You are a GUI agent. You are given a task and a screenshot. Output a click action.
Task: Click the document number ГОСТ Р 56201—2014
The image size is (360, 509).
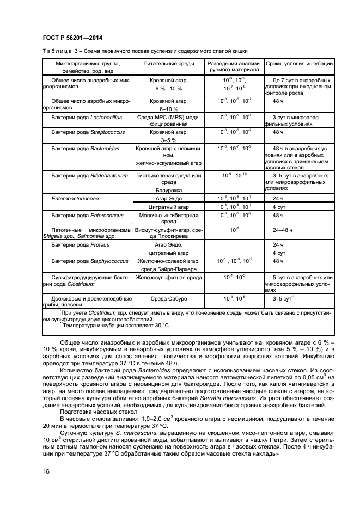point(72,37)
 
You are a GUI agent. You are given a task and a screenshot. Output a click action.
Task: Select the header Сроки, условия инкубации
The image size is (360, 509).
point(299,64)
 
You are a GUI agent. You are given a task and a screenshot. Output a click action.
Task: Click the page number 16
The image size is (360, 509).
point(46,471)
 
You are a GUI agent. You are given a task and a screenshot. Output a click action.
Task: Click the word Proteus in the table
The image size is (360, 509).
point(100,245)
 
